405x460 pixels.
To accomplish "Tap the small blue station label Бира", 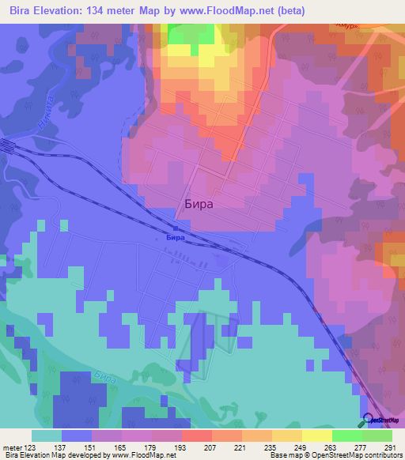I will (176, 237).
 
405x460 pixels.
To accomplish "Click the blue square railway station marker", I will (175, 228).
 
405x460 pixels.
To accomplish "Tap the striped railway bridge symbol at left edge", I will (6, 147).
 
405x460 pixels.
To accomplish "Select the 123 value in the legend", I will (32, 447).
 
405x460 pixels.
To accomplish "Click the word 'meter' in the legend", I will (13, 447).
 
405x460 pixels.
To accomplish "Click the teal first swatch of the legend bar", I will (47, 435).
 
